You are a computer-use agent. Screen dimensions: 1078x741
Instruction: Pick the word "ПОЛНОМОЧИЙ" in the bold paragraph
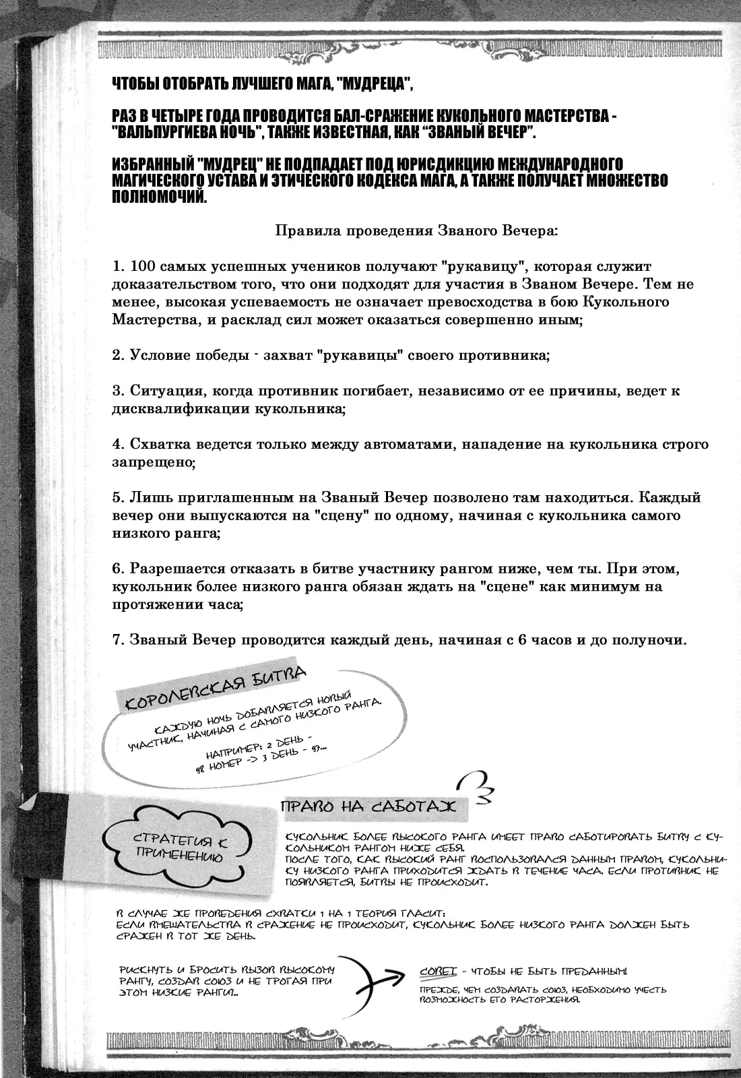(x=157, y=197)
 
